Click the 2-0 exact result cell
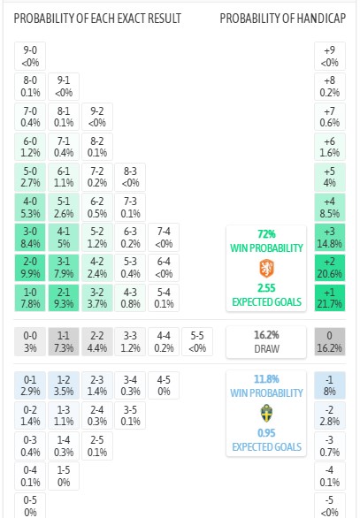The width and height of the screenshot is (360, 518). click(x=30, y=268)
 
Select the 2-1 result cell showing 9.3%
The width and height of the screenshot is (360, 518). click(x=64, y=298)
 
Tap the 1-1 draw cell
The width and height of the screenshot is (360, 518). click(x=64, y=341)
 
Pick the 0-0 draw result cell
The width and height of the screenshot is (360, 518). click(x=30, y=341)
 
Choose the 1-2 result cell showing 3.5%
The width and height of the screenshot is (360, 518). click(x=64, y=385)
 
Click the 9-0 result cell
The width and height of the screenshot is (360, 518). click(x=30, y=57)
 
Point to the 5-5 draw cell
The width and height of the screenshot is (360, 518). click(x=197, y=341)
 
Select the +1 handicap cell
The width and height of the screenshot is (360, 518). click(x=330, y=298)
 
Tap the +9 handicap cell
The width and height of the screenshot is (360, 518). click(x=330, y=57)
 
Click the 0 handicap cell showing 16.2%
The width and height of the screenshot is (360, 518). click(x=330, y=341)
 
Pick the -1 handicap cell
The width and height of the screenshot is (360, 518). click(x=330, y=385)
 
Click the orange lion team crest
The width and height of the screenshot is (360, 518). click(x=266, y=268)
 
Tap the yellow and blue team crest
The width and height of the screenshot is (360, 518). click(x=266, y=414)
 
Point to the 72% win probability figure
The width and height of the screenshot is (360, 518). click(x=266, y=234)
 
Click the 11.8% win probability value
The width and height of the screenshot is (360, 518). click(x=266, y=379)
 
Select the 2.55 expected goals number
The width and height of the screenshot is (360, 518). click(x=266, y=288)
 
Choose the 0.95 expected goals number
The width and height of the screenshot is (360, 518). click(x=266, y=433)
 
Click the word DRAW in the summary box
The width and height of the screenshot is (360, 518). click(x=266, y=349)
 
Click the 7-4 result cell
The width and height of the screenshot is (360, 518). click(x=164, y=238)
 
